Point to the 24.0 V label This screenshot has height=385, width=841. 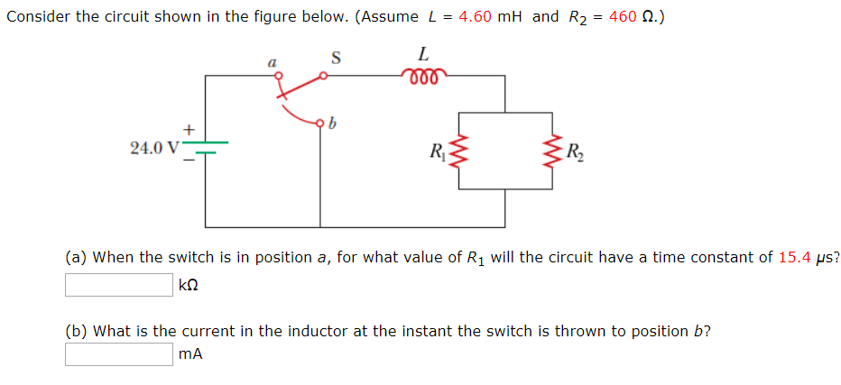click(x=154, y=147)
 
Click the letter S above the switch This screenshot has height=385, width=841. click(x=336, y=59)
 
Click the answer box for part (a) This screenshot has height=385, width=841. click(x=118, y=285)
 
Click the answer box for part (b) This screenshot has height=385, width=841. click(x=118, y=354)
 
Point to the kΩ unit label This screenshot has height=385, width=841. click(x=189, y=286)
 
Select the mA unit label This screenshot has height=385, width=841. click(x=190, y=355)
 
